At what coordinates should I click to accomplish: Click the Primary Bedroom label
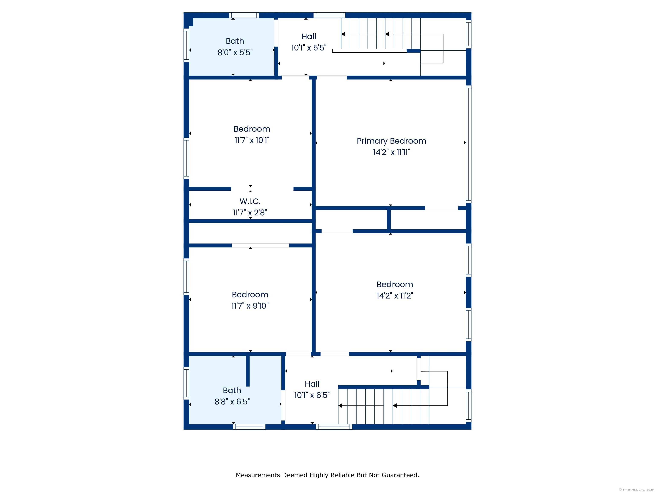point(391,141)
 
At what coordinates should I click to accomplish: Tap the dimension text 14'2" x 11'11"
point(391,152)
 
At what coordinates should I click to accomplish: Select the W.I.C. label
point(250,201)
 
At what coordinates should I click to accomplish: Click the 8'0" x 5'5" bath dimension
point(235,53)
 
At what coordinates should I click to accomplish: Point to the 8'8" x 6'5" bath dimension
point(232,401)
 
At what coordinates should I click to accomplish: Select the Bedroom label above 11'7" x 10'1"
point(252,129)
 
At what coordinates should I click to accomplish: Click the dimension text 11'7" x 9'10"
point(250,306)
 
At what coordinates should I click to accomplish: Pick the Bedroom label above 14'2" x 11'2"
point(394,284)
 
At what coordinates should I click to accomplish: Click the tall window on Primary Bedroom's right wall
point(468,144)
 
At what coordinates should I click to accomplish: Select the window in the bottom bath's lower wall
point(249,427)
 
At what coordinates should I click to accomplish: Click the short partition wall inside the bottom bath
point(248,371)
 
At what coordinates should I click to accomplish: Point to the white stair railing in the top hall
point(369,51)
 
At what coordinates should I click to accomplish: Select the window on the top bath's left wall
point(186,45)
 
